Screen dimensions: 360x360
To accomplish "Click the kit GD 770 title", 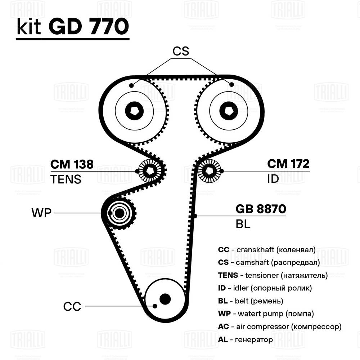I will pyautogui.click(x=72, y=27).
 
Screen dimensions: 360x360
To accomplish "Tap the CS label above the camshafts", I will pyautogui.click(x=180, y=51).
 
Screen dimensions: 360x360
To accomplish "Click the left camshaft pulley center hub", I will pyautogui.click(x=134, y=111).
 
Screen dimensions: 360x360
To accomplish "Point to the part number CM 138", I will pyautogui.click(x=72, y=164).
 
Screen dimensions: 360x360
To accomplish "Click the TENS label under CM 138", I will pyautogui.click(x=66, y=179).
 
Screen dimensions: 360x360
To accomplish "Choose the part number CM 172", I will pyautogui.click(x=288, y=164).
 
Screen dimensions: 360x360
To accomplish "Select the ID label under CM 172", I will pyautogui.click(x=273, y=179).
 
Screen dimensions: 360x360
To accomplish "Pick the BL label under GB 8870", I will pyautogui.click(x=243, y=225).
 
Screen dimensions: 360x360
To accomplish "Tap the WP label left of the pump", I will pyautogui.click(x=42, y=213).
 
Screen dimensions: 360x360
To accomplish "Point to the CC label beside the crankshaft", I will pyautogui.click(x=72, y=307).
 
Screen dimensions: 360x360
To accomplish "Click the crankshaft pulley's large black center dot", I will pyautogui.click(x=165, y=298).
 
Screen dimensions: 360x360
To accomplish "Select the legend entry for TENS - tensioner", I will pyautogui.click(x=273, y=275).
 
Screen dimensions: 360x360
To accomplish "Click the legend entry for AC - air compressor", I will pyautogui.click(x=280, y=326).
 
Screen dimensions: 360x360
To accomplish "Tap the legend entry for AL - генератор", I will pyautogui.click(x=246, y=339).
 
